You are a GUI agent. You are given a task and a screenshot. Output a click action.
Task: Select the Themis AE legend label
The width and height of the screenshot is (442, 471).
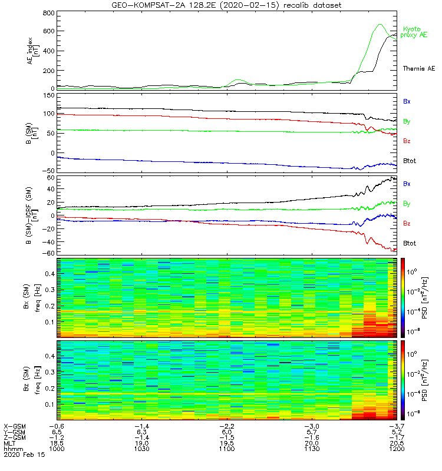(x=418, y=69)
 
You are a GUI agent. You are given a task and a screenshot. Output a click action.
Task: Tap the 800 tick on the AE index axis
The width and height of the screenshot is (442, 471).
(x=48, y=13)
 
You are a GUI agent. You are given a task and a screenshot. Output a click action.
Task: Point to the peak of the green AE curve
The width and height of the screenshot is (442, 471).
(x=380, y=25)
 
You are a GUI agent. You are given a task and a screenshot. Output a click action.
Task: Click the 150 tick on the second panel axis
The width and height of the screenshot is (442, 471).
(x=48, y=95)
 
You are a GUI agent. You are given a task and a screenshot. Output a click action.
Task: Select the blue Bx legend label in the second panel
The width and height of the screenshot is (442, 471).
(x=407, y=101)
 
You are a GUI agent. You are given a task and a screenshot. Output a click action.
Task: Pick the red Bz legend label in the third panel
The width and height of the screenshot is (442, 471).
(x=407, y=224)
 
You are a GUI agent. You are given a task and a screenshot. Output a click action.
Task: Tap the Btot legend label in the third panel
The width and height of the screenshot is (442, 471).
(x=409, y=243)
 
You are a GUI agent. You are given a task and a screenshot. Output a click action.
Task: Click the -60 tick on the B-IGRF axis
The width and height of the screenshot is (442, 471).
(x=48, y=254)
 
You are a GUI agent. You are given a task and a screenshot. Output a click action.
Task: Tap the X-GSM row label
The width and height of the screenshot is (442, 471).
(x=15, y=426)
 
